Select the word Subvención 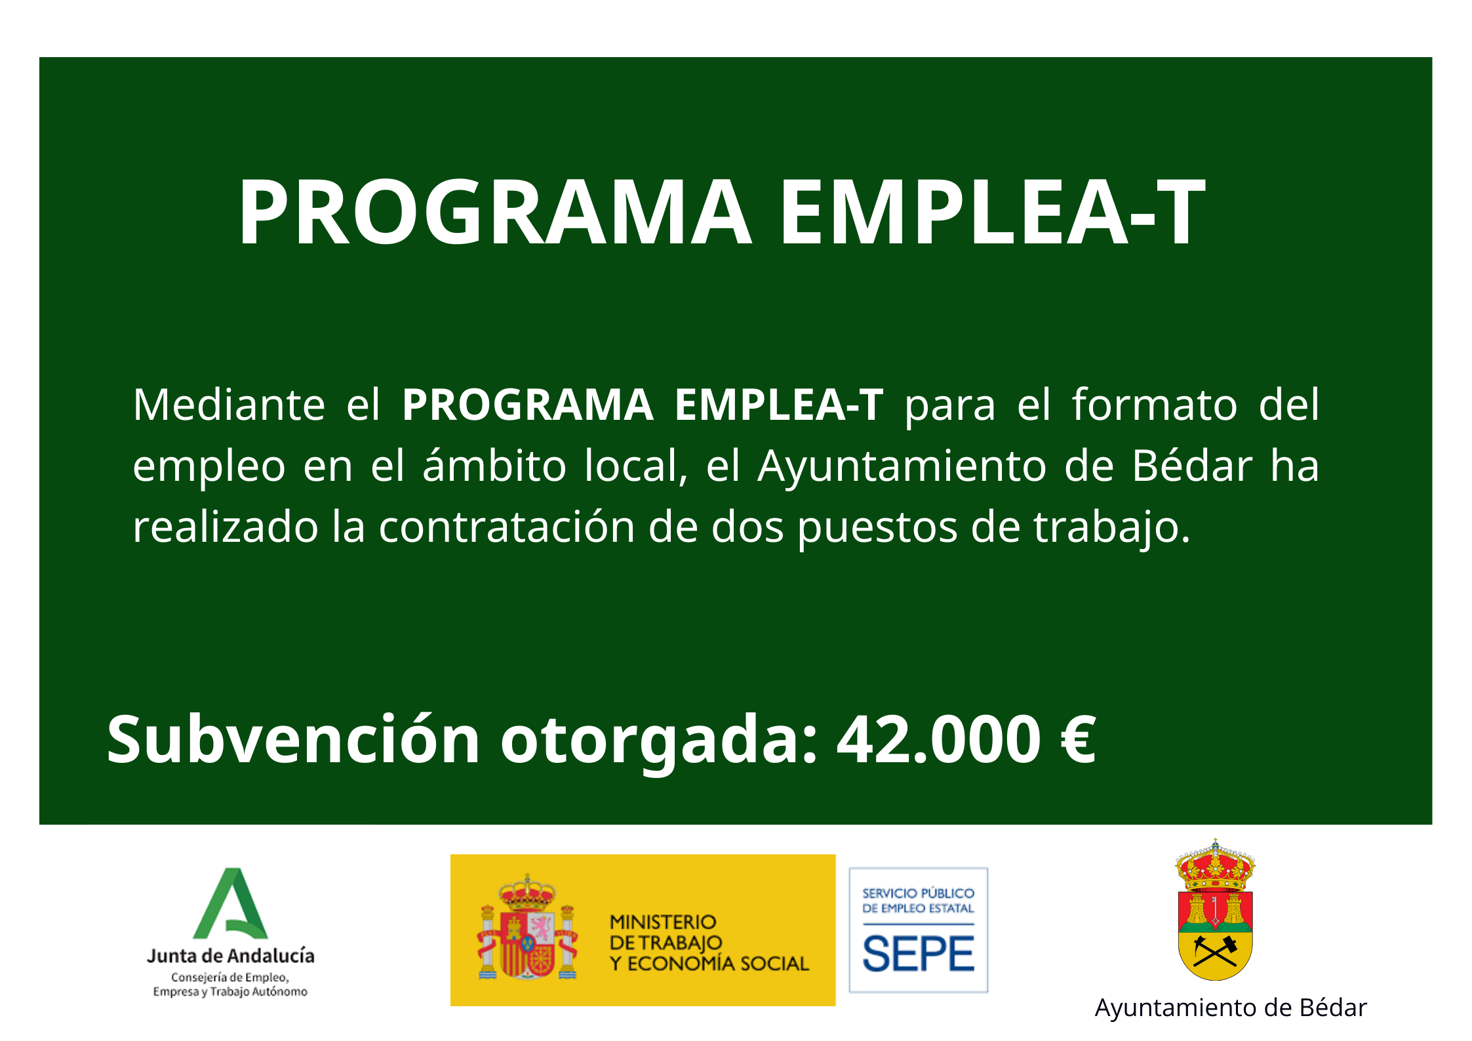[x=293, y=739]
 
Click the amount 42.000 [x=938, y=740]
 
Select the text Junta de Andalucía [x=231, y=956]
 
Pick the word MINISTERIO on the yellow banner [x=663, y=922]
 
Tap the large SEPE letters [x=918, y=954]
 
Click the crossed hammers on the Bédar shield [x=1215, y=950]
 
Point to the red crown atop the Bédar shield [x=1215, y=865]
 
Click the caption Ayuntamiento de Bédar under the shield [x=1231, y=1008]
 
